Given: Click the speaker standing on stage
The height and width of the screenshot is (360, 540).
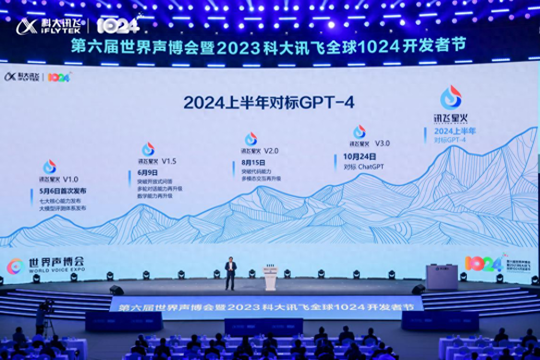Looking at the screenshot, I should point(230,273).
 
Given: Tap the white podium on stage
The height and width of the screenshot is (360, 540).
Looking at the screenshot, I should point(270,278).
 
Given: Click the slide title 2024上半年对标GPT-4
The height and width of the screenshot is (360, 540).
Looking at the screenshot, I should point(269,102).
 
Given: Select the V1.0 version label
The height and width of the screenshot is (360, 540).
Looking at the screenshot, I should point(71,179).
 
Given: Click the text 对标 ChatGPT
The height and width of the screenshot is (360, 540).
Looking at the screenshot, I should point(364,166).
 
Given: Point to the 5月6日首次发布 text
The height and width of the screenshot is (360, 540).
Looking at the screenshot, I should point(63,190).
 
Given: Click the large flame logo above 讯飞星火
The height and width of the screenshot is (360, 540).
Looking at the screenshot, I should point(450,97).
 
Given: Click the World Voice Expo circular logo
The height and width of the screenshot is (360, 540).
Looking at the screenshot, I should point(16,266).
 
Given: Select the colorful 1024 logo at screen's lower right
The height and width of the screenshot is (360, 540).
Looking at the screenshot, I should point(483,263).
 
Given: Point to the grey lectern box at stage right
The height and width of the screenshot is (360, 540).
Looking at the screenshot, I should point(441,277).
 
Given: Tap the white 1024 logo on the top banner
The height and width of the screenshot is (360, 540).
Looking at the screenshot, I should point(118,25).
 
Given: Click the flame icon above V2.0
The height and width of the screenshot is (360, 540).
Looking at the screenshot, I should point(251,139).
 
